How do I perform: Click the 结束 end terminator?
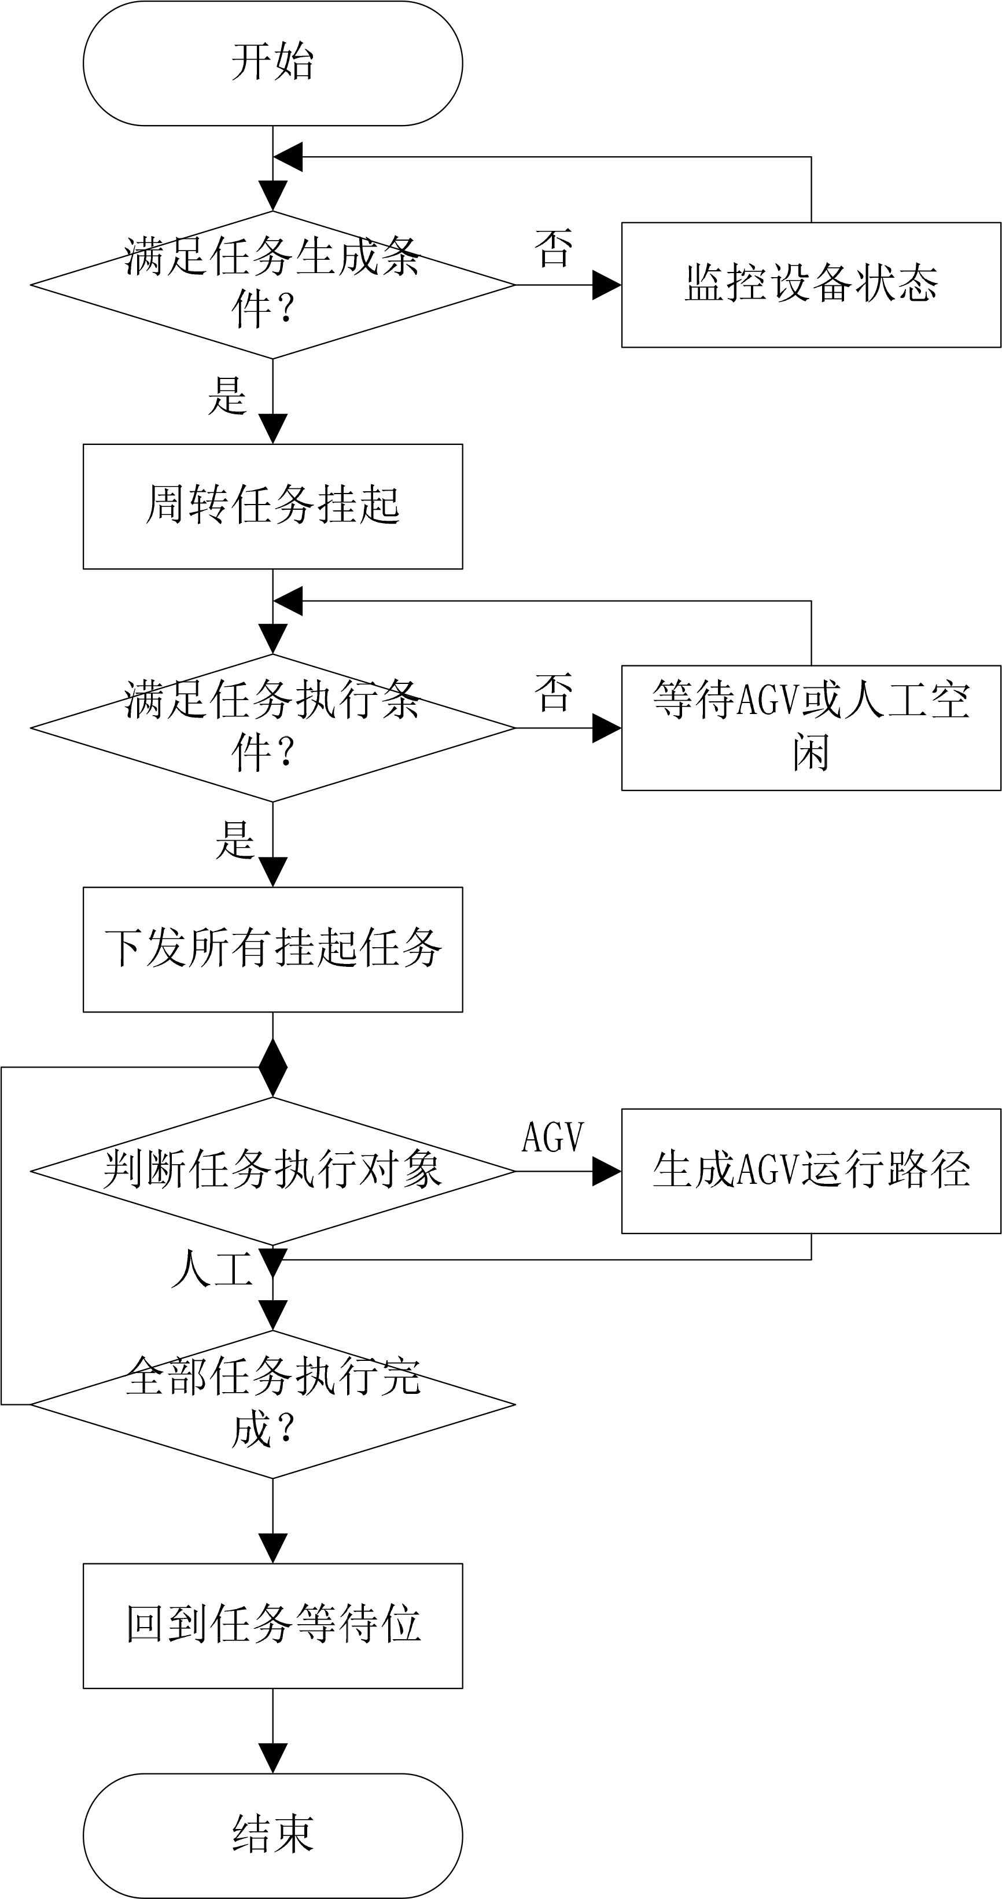(x=273, y=1835)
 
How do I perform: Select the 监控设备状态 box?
(x=811, y=285)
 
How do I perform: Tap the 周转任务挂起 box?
(x=273, y=506)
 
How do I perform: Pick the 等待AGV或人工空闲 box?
(x=811, y=728)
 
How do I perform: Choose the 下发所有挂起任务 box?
(x=273, y=949)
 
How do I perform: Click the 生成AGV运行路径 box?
(x=811, y=1171)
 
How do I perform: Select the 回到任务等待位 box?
(x=273, y=1625)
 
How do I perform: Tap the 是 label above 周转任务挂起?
(x=226, y=396)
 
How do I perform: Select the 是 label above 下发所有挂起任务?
(x=234, y=840)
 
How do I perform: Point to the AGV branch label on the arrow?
(x=553, y=1137)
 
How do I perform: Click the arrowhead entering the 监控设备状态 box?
(x=607, y=285)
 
